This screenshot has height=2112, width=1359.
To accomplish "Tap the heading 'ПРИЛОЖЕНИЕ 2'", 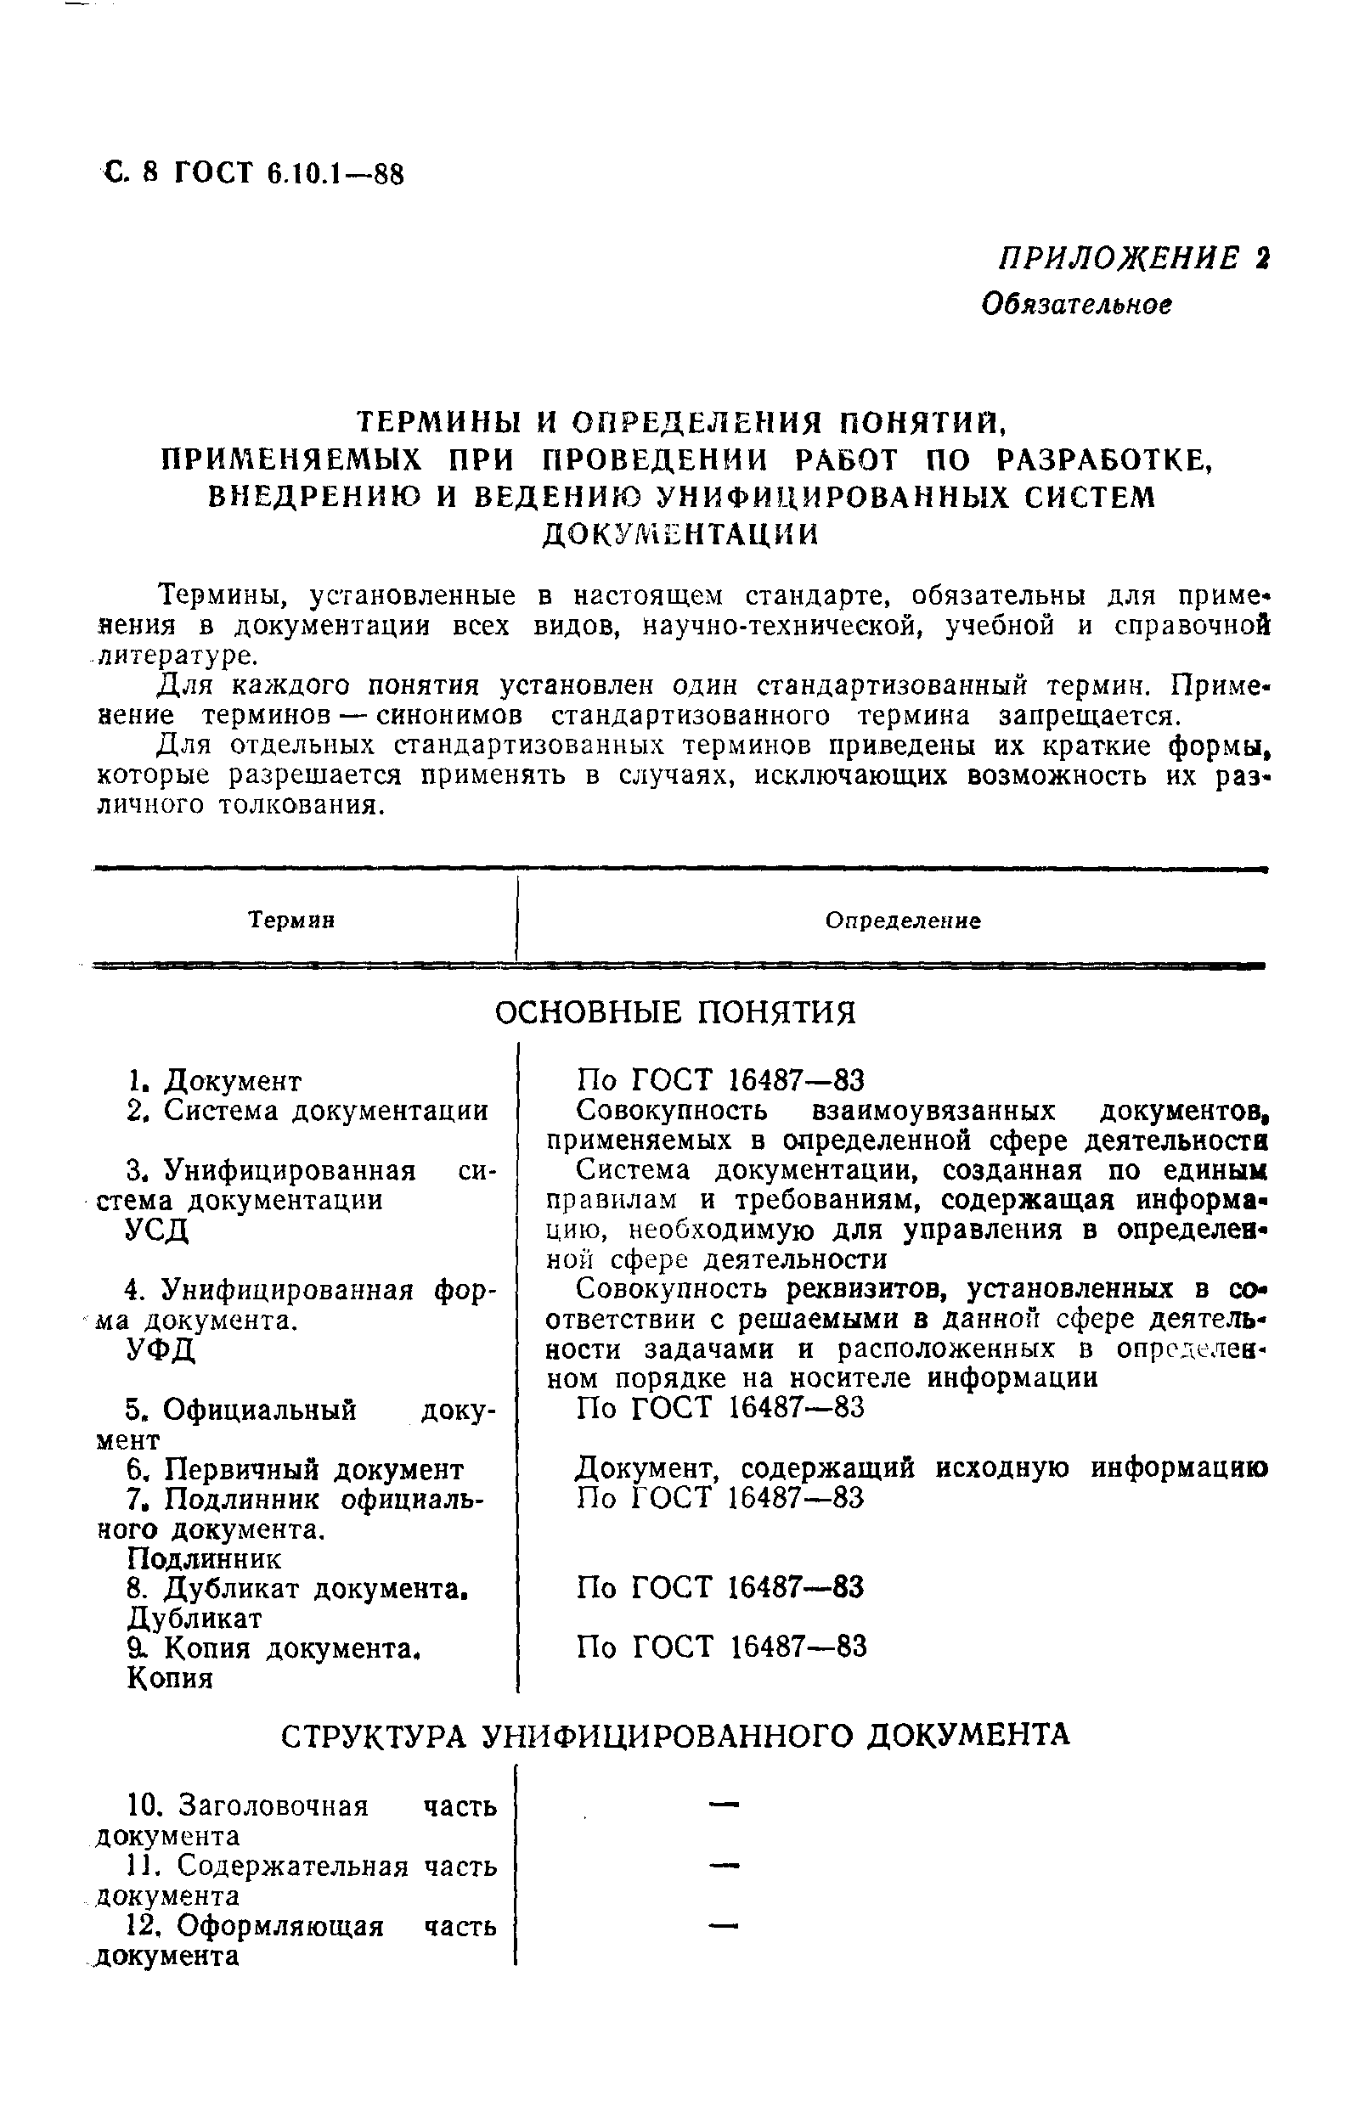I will pyautogui.click(x=1133, y=258).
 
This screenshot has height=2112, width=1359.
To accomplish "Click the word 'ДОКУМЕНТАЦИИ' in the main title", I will pyautogui.click(x=679, y=535).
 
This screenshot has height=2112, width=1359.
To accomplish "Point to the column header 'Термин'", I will pyautogui.click(x=291, y=921).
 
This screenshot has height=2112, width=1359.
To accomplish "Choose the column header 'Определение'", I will pyautogui.click(x=903, y=921).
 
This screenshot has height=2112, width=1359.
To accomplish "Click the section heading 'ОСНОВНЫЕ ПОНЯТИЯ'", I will pyautogui.click(x=675, y=1012).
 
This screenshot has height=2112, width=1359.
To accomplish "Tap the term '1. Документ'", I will pyautogui.click(x=213, y=1080).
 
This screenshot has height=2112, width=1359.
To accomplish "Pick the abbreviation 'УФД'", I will pyautogui.click(x=161, y=1349).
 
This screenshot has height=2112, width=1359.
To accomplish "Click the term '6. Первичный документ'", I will pyautogui.click(x=295, y=1469).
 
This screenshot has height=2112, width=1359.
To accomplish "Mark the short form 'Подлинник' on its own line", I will pyautogui.click(x=205, y=1559).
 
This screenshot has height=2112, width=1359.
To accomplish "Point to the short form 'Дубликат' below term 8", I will pyautogui.click(x=195, y=1618).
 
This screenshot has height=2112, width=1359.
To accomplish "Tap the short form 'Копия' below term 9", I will pyautogui.click(x=171, y=1678).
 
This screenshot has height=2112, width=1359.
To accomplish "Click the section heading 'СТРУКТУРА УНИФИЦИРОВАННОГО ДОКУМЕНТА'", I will pyautogui.click(x=675, y=1735).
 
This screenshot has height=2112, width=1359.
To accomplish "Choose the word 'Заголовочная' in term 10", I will pyautogui.click(x=273, y=1806).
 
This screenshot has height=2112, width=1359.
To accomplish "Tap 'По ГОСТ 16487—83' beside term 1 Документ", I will pyautogui.click(x=720, y=1080).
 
